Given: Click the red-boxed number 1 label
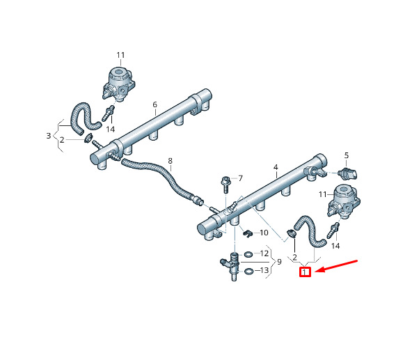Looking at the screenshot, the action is [x=305, y=272].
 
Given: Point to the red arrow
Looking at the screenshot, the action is [x=336, y=266].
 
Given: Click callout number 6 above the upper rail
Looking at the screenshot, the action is [x=155, y=104].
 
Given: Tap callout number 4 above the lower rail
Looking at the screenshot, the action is [x=276, y=167].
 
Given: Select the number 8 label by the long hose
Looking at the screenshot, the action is [x=170, y=161].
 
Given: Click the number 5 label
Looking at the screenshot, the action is [x=347, y=155].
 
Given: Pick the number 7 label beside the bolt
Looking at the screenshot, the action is [x=240, y=178].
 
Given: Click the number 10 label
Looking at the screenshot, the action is [x=264, y=233].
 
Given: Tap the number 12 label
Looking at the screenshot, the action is [x=264, y=253].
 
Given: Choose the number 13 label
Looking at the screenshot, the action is [x=264, y=270].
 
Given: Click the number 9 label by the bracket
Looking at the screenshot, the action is [x=279, y=262].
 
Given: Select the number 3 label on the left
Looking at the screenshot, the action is [x=49, y=136].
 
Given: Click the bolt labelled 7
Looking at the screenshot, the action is [x=225, y=185].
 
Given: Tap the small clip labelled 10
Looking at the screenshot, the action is [x=248, y=233].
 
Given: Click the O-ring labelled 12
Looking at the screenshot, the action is [x=248, y=254].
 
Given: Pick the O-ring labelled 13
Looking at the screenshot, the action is [x=248, y=272].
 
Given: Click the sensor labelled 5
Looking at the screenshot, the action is [x=348, y=173].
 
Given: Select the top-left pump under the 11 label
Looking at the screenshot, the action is [x=118, y=84].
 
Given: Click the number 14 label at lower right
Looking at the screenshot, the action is [x=335, y=246].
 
